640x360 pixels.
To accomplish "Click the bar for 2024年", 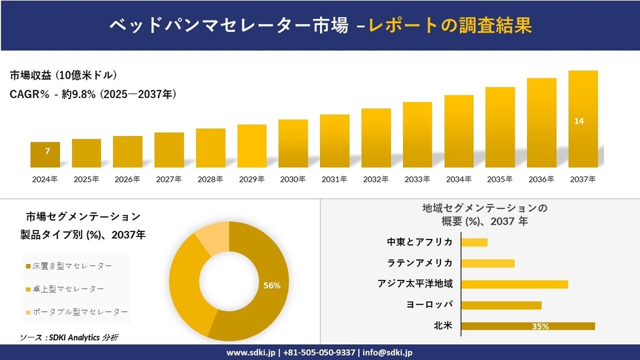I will tap(46, 155).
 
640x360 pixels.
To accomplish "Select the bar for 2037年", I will tap(583, 119).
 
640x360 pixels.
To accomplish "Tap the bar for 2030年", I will tap(293, 144).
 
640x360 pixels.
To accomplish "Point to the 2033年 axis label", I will tap(417, 179).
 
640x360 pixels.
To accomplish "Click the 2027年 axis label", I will tap(169, 179).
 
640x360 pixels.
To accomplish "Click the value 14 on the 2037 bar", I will tap(579, 121).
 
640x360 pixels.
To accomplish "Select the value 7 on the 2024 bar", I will tap(47, 151).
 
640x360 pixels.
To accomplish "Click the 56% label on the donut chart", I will tap(272, 285).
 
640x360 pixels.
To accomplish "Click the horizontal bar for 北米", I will tap(528, 326).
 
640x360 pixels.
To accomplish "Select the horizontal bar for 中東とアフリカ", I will tap(475, 242).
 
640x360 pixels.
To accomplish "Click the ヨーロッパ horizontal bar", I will tap(501, 305).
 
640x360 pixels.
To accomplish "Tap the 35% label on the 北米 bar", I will tap(541, 327).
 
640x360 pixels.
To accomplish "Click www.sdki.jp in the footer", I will tap(250, 353).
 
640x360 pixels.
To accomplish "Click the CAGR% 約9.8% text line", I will tap(93, 95).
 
